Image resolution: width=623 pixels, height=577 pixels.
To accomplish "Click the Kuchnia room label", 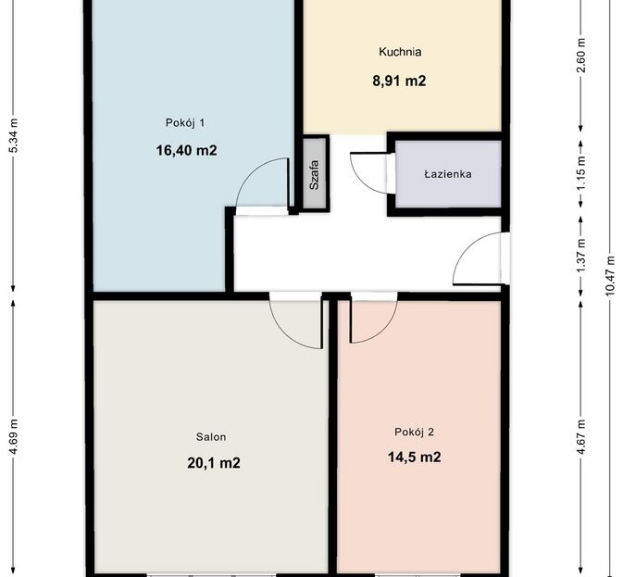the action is tap(400, 52).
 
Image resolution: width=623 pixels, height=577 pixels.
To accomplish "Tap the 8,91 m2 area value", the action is tap(399, 82).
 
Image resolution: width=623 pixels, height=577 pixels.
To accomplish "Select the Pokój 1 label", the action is tap(185, 123).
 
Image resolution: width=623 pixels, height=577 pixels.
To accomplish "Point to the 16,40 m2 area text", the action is tap(186, 150).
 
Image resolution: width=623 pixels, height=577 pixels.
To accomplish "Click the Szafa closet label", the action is tap(315, 175).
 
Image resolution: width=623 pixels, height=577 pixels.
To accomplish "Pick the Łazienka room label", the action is tap(448, 174).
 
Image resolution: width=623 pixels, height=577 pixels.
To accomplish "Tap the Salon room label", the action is tap(211, 437).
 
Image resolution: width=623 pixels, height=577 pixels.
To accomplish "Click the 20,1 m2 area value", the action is tap(213, 463).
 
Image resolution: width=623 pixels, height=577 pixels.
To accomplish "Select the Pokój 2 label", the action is tap(414, 432).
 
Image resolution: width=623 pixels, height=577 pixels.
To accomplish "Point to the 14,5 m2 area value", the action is tap(414, 457).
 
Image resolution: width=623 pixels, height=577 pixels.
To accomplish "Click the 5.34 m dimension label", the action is tap(14, 135).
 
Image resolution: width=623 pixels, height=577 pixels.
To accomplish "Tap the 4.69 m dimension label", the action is tap(14, 437).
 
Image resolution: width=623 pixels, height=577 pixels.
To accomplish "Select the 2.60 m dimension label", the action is tap(582, 56).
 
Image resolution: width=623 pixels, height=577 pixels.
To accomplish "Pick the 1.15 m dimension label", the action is tap(582, 173).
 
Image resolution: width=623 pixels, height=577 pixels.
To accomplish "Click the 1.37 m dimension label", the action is tap(582, 256).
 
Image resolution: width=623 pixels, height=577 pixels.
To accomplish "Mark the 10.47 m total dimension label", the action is tap(611, 275).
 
